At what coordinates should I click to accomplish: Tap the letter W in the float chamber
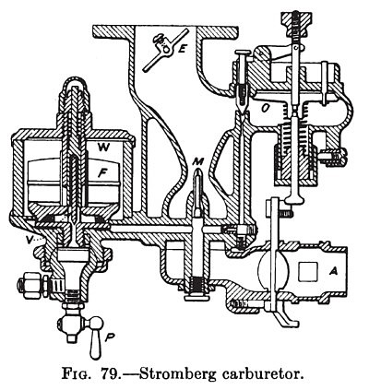[x=104, y=147]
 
